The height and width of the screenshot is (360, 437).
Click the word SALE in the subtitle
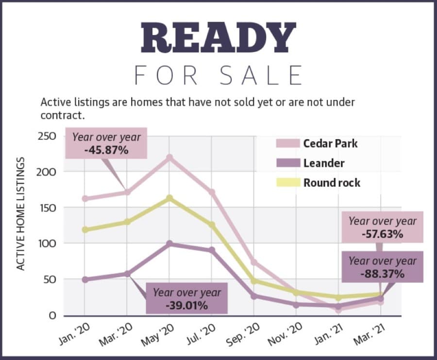tap(261, 76)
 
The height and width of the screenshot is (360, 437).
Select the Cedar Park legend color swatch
tap(288, 144)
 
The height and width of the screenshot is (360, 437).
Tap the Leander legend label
tap(324, 163)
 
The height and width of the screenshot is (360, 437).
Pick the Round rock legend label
tap(332, 183)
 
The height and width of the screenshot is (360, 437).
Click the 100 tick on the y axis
tap(46, 244)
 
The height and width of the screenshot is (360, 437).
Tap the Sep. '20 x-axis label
tap(243, 334)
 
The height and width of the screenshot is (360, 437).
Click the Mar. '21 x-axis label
tap(370, 334)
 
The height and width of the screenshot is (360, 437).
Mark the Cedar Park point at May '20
tap(169, 158)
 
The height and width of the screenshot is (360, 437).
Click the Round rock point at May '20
tap(169, 198)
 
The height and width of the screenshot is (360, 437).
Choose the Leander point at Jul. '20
tap(212, 250)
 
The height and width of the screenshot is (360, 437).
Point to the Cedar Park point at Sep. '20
tap(254, 262)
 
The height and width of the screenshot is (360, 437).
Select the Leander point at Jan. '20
tap(84, 279)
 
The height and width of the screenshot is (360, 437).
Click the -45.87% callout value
tap(106, 150)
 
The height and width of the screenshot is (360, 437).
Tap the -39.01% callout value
tap(187, 306)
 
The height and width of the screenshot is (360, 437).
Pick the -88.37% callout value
tap(383, 274)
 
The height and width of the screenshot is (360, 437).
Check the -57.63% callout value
tap(383, 234)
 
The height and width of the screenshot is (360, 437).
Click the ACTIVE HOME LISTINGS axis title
tap(20, 213)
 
